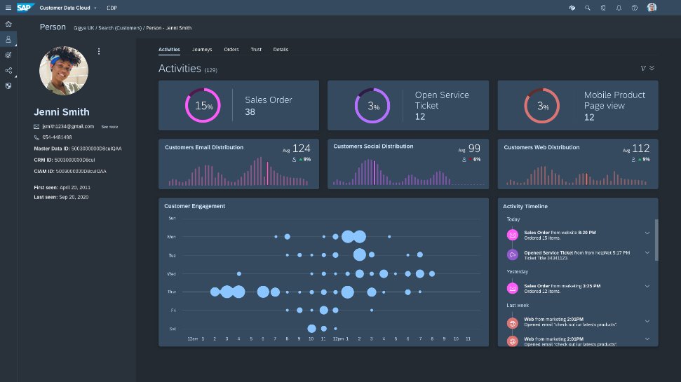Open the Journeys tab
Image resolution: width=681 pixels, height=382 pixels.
tap(202, 50)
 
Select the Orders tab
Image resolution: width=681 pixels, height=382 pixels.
tap(231, 50)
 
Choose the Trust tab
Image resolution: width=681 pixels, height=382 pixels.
tap(256, 50)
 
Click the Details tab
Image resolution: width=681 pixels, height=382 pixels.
tap(281, 50)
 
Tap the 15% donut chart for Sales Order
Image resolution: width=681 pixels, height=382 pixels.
tap(203, 106)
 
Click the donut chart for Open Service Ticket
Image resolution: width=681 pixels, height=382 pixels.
tap(372, 106)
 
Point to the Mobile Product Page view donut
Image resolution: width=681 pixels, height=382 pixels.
tap(542, 106)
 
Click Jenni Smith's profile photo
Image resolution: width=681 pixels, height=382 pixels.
tap(64, 71)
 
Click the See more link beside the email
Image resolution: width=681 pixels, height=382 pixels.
tap(109, 127)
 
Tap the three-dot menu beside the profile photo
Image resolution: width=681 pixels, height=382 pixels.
tap(99, 51)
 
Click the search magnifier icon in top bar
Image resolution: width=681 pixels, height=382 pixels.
tap(587, 8)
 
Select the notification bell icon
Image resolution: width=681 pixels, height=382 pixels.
tap(619, 8)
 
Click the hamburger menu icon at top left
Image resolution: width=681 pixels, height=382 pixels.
tap(8, 8)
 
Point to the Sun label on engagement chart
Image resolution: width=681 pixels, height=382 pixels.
tap(172, 218)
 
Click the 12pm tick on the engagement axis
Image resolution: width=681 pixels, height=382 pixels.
tap(338, 339)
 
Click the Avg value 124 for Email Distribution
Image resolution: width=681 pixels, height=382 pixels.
tap(301, 149)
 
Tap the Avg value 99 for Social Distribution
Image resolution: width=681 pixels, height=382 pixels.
tap(474, 149)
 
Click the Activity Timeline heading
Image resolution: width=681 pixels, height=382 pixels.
tap(525, 207)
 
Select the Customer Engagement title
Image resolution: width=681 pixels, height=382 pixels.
tap(194, 206)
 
